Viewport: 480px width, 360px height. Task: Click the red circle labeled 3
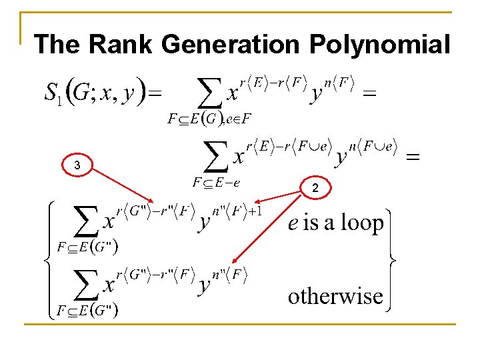[77, 165]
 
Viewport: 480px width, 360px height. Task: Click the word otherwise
[335, 295]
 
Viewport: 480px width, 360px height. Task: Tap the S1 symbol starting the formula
[53, 93]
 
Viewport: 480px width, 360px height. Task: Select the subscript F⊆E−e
[217, 181]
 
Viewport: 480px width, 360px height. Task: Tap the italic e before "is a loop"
[293, 224]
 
